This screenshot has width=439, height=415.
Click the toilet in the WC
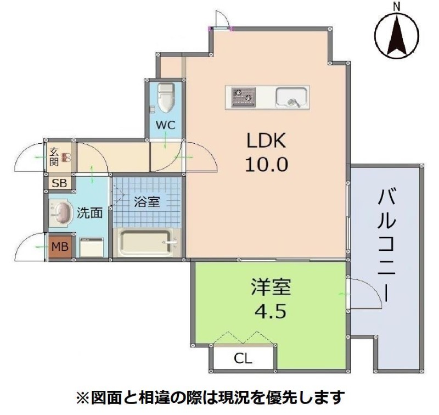[x=165, y=97]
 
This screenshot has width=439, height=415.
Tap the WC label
[x=164, y=125]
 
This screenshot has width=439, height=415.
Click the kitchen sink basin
[x=290, y=98]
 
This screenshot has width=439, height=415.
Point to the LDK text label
[x=266, y=141]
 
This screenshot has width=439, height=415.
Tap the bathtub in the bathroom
[x=147, y=242]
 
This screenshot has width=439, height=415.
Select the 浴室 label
[x=147, y=201]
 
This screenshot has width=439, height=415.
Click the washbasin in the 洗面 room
[x=61, y=212]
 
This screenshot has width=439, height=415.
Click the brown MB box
[x=60, y=246]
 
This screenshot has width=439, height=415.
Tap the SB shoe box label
[x=58, y=183]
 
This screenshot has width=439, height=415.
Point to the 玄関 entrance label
[x=54, y=156]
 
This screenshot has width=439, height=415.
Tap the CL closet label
[x=243, y=360]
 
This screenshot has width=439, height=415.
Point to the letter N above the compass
[x=396, y=6]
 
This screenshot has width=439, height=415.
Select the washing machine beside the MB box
[x=91, y=247]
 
